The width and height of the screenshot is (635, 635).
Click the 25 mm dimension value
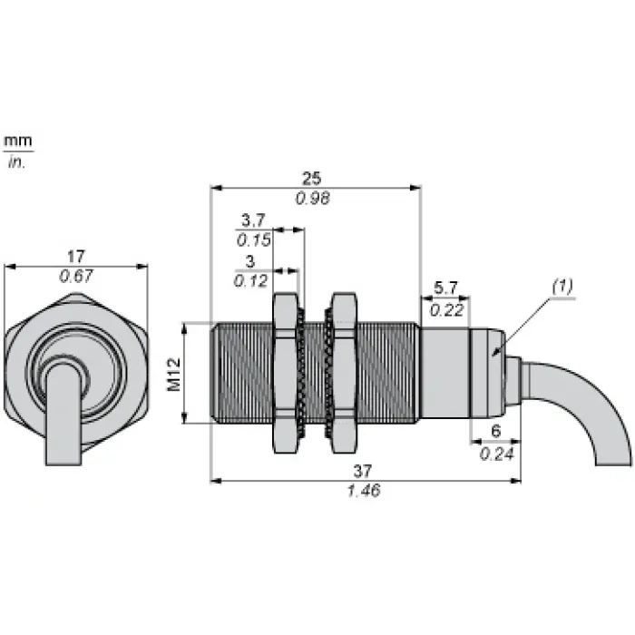click(x=311, y=178)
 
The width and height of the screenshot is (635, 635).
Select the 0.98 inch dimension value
click(x=313, y=199)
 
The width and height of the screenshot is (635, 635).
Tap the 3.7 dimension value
click(x=253, y=220)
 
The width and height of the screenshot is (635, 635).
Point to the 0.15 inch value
click(x=253, y=240)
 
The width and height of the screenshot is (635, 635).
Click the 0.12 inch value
click(x=250, y=280)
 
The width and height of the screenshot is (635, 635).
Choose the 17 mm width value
click(x=75, y=257)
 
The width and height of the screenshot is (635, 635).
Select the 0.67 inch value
click(x=75, y=276)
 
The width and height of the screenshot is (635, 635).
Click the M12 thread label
click(x=174, y=374)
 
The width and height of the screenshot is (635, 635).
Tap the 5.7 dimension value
click(x=445, y=288)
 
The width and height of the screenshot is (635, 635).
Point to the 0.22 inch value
click(x=446, y=310)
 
